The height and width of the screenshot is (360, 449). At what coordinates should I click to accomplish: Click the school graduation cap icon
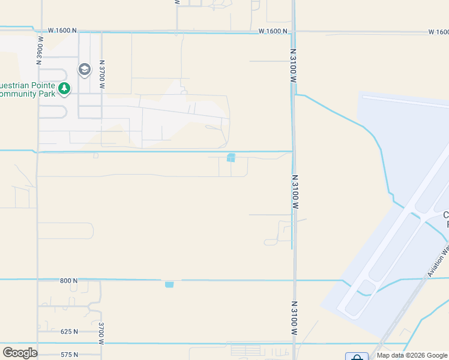(84, 70)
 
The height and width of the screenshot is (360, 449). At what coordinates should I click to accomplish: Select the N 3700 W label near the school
(102, 74)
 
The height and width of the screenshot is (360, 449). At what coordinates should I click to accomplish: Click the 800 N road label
(69, 280)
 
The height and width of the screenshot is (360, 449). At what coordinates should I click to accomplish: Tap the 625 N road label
(69, 331)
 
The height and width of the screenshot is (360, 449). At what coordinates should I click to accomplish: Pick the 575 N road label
(69, 355)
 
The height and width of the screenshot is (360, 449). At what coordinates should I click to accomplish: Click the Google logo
(20, 353)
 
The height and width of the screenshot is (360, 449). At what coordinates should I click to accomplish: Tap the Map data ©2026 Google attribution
(411, 355)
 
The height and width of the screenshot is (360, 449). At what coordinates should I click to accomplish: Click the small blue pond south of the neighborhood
(231, 158)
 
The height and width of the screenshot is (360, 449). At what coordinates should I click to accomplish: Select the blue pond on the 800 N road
(169, 284)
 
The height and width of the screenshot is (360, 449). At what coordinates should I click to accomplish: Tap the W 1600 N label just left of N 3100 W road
(274, 31)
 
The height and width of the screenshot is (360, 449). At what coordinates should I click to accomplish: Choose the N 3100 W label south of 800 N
(294, 319)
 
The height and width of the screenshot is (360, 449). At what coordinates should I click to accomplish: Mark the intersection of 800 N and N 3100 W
(294, 280)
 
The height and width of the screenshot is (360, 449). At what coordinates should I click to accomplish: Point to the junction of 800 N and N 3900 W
(37, 280)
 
